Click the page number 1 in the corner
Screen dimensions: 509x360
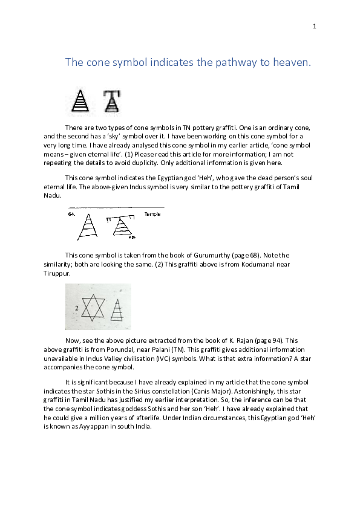(x=315, y=26)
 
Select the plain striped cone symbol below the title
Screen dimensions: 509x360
(x=80, y=101)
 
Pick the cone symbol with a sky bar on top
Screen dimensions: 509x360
(x=110, y=101)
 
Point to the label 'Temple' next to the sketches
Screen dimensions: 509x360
(x=152, y=214)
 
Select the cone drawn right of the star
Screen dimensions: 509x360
(x=118, y=310)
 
